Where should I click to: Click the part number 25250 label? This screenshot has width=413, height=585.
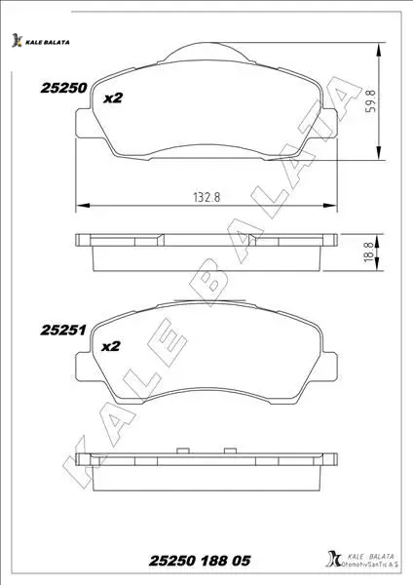point(63,88)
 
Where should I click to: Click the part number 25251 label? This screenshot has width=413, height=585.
point(63,331)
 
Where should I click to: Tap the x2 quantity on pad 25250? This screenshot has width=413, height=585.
point(113,98)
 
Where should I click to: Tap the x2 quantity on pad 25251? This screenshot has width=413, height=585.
point(111,346)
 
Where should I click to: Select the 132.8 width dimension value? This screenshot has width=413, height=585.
point(206,197)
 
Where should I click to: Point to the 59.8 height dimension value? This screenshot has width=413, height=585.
point(371,101)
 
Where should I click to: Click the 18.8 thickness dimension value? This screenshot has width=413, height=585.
point(368,252)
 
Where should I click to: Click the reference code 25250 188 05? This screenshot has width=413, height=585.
point(200,561)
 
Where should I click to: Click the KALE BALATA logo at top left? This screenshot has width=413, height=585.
point(40,41)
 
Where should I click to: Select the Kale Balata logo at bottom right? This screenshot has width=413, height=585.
point(362,559)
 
